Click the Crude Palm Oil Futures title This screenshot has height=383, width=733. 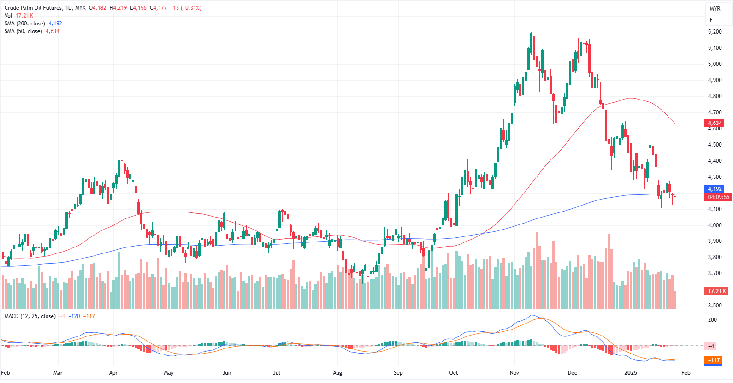pyautogui.click(x=33, y=8)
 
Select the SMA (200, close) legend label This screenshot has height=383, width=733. pyautogui.click(x=24, y=24)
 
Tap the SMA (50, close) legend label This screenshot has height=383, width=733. pyautogui.click(x=23, y=31)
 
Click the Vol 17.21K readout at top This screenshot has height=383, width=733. pyautogui.click(x=19, y=16)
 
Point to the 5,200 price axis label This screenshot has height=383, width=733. pyautogui.click(x=715, y=32)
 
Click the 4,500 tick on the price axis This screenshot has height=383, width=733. pyautogui.click(x=715, y=145)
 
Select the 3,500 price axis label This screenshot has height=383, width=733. pyautogui.click(x=715, y=306)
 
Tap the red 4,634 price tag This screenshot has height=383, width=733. pyautogui.click(x=715, y=123)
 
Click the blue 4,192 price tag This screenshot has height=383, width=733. pyautogui.click(x=715, y=189)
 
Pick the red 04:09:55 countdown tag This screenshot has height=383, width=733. pyautogui.click(x=719, y=197)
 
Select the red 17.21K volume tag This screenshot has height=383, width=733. pyautogui.click(x=717, y=291)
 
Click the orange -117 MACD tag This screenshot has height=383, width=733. pyautogui.click(x=714, y=360)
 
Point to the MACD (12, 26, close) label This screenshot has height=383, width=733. pyautogui.click(x=30, y=316)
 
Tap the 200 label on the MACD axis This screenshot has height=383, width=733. pyautogui.click(x=712, y=320)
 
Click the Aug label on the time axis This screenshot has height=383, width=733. pyautogui.click(x=337, y=373)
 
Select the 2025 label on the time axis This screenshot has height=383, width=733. pyautogui.click(x=630, y=373)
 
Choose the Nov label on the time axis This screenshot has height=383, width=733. pyautogui.click(x=514, y=373)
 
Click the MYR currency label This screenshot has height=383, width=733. pyautogui.click(x=715, y=9)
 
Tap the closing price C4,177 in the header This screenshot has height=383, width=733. pyautogui.click(x=158, y=8)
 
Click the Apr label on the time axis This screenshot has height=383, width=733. pyautogui.click(x=113, y=373)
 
